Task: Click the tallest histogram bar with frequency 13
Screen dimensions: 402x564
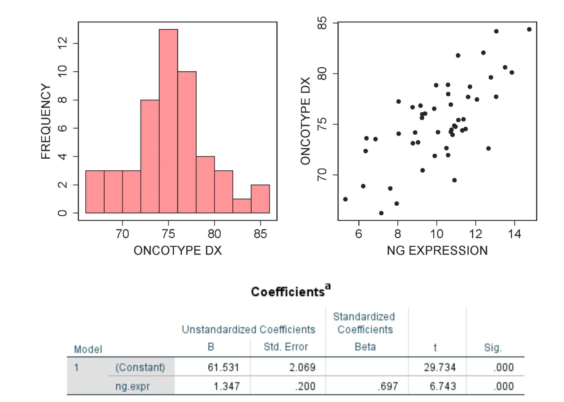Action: (x=168, y=121)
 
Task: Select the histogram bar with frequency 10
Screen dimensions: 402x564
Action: (x=187, y=142)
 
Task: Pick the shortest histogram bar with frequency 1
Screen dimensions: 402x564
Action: (x=242, y=206)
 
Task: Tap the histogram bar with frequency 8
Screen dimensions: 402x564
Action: (x=150, y=156)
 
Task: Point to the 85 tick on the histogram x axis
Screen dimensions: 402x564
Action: (x=260, y=234)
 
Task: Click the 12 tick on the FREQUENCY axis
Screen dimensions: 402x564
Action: (x=63, y=44)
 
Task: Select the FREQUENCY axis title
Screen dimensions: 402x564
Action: (x=46, y=121)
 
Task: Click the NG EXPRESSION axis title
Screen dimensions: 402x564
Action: (x=437, y=251)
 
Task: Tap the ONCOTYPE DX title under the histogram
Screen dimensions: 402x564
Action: (x=178, y=251)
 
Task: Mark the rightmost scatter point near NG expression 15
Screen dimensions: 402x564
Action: (x=529, y=29)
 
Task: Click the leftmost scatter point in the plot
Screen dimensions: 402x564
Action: (x=345, y=199)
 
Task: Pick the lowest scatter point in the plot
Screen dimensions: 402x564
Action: (x=381, y=213)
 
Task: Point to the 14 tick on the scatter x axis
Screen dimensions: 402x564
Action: (x=514, y=234)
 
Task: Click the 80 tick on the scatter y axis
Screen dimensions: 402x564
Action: (x=322, y=74)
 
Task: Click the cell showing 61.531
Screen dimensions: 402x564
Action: (x=223, y=367)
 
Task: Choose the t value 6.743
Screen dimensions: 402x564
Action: (x=442, y=386)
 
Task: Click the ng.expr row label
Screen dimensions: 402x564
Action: (x=132, y=386)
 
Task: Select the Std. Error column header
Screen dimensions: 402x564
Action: (x=285, y=347)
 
